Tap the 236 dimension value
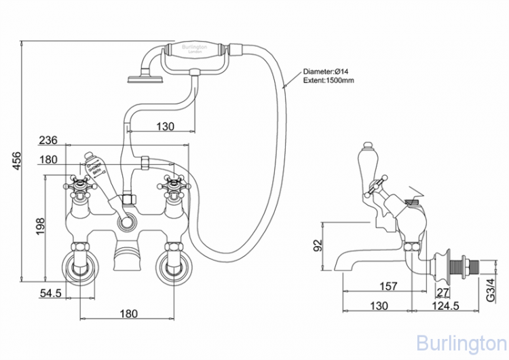click(47, 141)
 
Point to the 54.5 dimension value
click(50, 293)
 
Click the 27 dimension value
click(443, 293)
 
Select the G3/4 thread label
click(494, 293)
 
